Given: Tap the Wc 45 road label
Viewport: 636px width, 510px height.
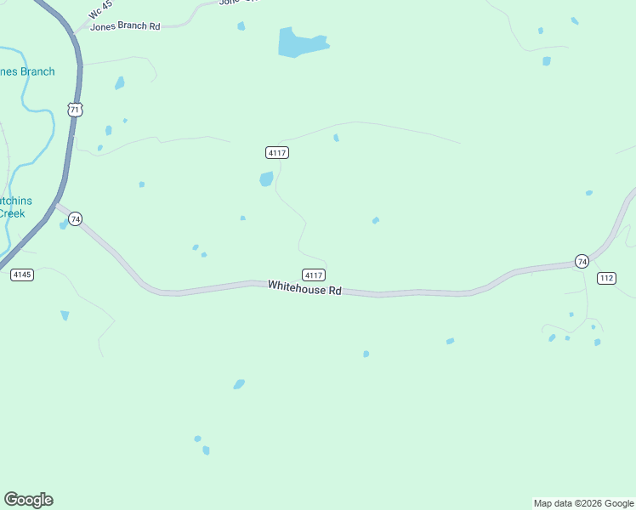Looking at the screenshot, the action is (x=100, y=9).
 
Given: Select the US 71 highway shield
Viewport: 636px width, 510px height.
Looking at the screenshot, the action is (x=76, y=110).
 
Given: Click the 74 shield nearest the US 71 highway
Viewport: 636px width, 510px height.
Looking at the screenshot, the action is (x=76, y=219).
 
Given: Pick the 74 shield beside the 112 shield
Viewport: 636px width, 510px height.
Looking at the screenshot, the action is (x=582, y=261).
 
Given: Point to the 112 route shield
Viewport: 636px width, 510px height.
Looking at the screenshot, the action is (x=606, y=278).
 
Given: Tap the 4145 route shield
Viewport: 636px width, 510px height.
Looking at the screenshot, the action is (x=22, y=275).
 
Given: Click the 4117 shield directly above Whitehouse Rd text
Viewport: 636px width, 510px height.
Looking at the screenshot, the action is (x=314, y=275).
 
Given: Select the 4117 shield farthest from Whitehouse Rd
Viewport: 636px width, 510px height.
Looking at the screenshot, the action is (x=277, y=152).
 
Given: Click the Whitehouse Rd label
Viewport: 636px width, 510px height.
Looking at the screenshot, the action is (x=304, y=288).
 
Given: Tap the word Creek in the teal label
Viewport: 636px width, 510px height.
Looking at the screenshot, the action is (x=12, y=213).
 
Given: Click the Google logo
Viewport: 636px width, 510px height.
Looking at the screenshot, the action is (x=29, y=500).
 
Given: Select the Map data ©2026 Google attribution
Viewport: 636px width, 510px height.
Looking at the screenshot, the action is (x=583, y=503).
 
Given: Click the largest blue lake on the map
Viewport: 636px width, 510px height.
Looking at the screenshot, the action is (x=299, y=42).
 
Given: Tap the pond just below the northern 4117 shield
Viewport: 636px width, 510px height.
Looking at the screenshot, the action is (x=266, y=178).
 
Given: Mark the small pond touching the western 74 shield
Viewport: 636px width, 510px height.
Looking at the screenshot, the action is (x=64, y=225).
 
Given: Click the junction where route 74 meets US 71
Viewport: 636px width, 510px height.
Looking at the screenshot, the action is (x=56, y=204).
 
